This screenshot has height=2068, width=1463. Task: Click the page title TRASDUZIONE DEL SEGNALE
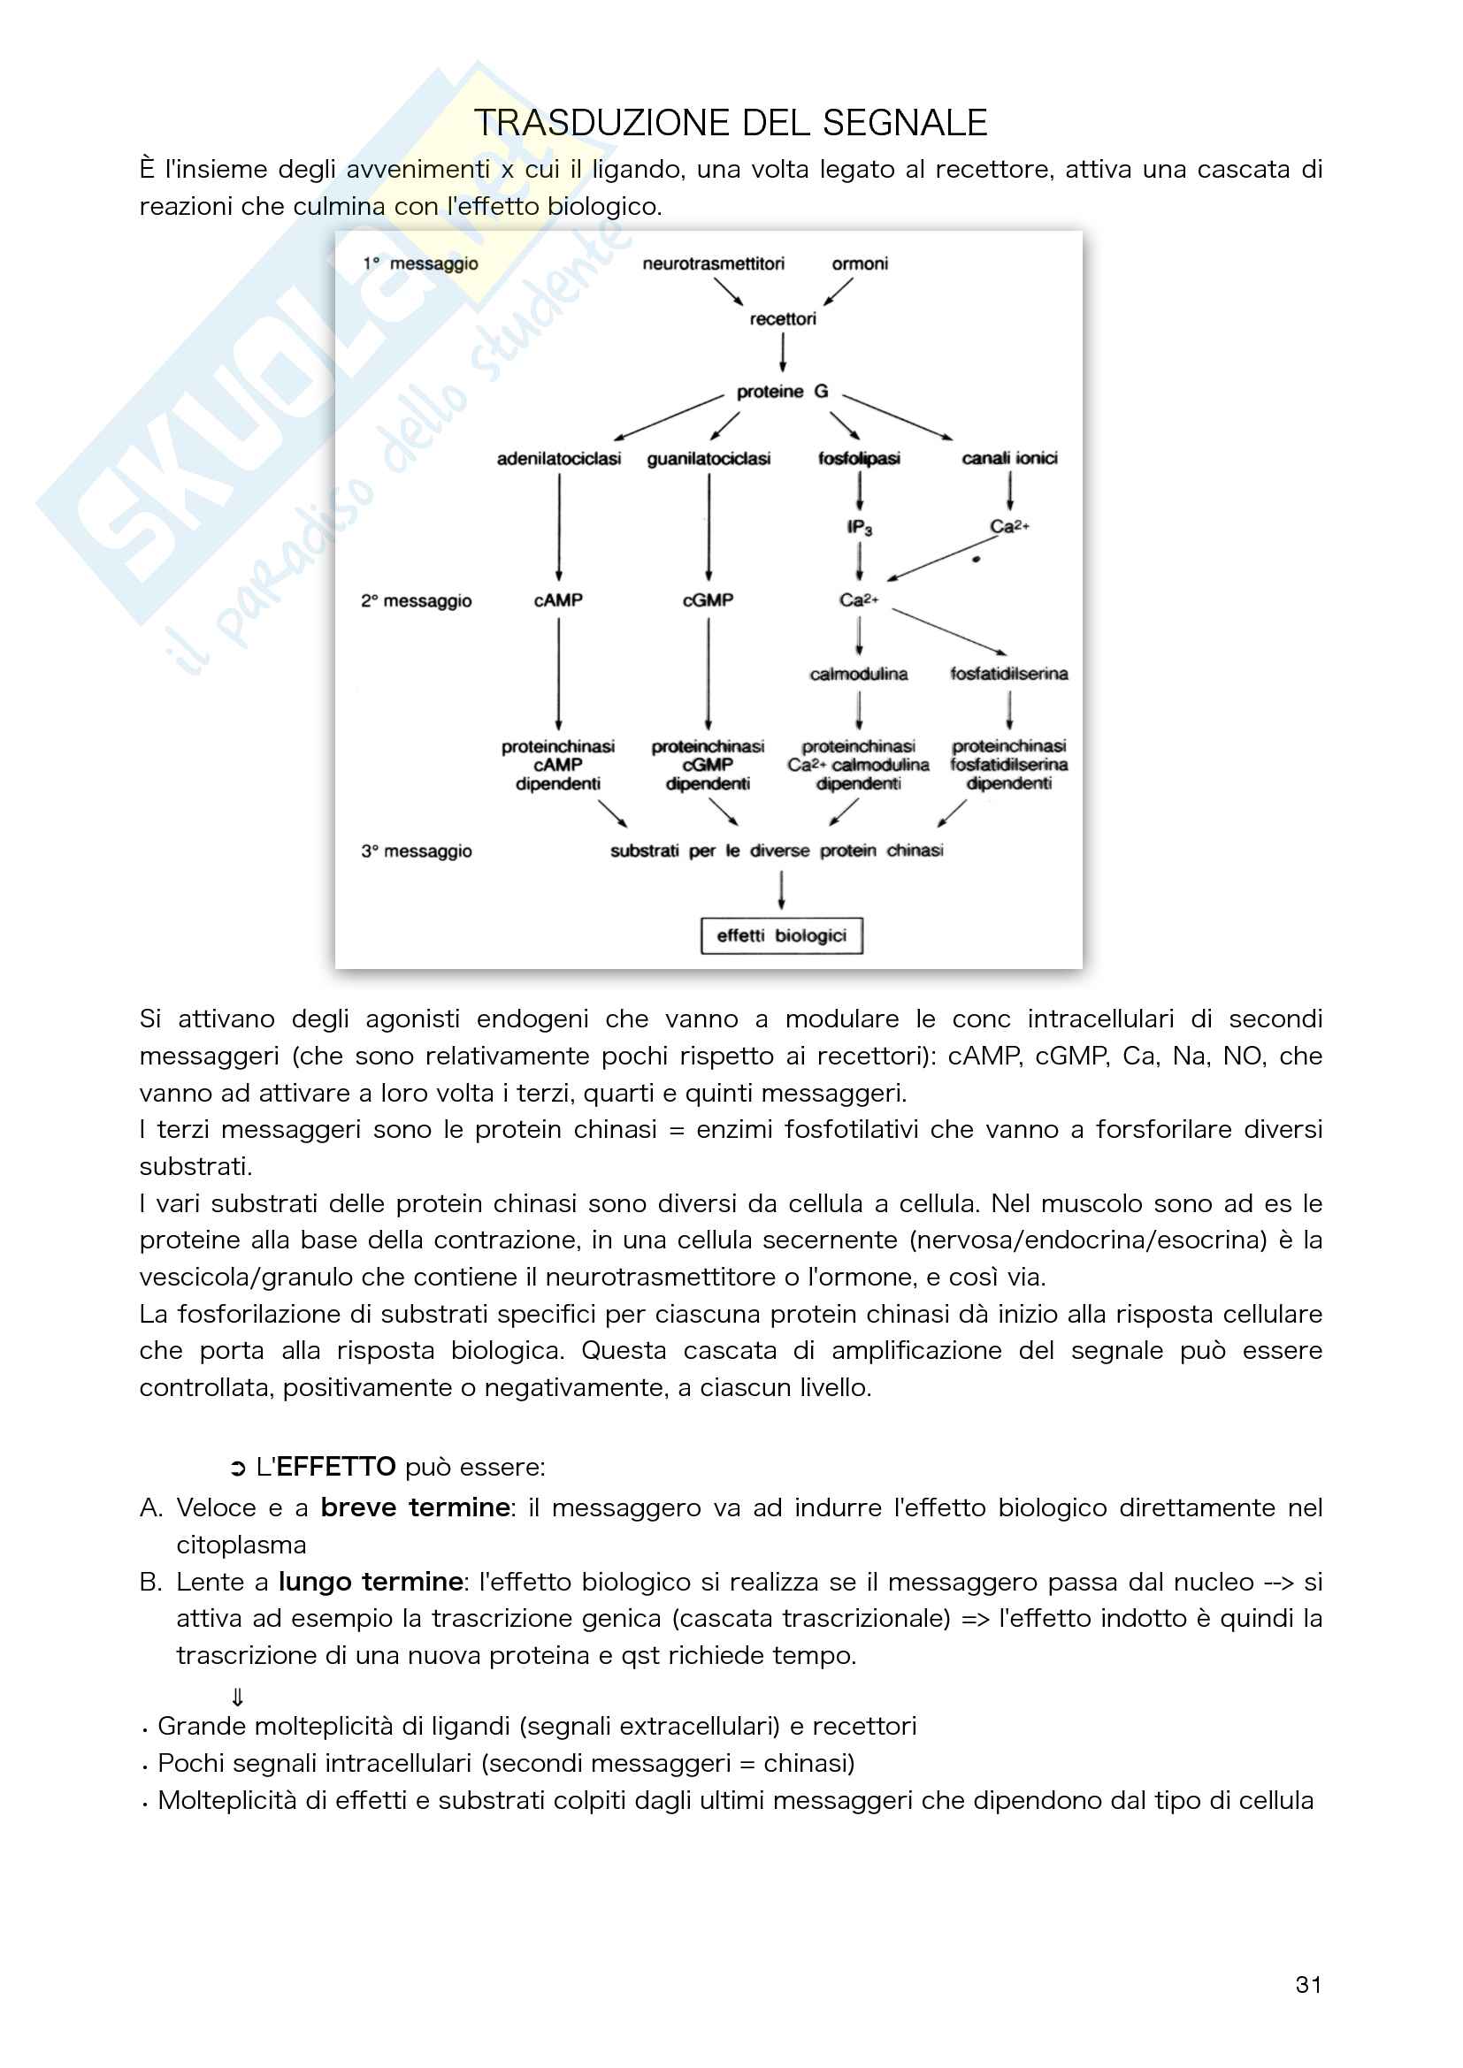731,124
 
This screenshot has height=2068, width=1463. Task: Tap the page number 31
1308,1984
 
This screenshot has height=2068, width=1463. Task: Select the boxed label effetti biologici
781,935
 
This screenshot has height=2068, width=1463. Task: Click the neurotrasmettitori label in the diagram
714,263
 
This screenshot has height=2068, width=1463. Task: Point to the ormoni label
860,263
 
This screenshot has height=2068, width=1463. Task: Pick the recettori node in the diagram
783,319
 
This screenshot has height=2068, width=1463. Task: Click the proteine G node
782,392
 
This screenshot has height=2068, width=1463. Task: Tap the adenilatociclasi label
558,459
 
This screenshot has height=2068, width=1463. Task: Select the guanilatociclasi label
709,459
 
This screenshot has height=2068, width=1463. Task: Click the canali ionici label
1009,459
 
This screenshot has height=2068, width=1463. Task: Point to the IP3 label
860,527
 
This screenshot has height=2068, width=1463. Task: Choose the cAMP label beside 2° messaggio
558,599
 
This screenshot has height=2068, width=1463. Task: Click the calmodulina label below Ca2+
859,674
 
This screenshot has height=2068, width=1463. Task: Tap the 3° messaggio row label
417,851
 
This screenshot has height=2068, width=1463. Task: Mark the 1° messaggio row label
421,263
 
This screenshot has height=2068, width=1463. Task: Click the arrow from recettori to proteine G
783,353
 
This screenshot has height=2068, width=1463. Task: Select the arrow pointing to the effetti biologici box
781,891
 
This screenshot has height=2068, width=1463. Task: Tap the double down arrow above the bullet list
238,1697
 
